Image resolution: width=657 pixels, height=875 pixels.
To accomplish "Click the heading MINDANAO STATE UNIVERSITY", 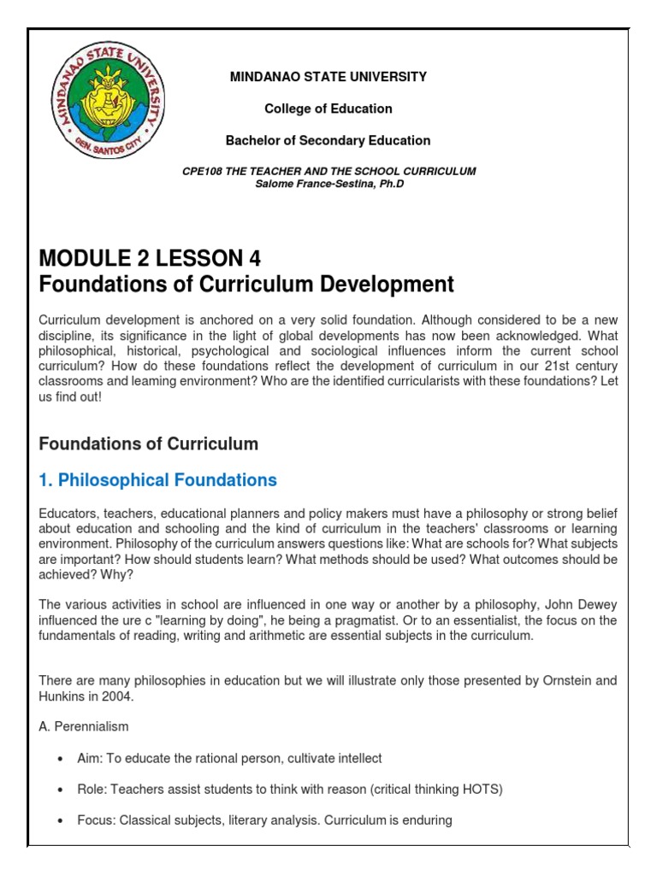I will click(x=328, y=77).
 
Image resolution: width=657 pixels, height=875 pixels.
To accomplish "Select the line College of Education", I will click(x=328, y=109).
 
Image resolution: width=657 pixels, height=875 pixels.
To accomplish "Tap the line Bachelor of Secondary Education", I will click(x=328, y=140).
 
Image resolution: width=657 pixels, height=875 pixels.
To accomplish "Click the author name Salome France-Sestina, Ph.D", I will click(x=329, y=184).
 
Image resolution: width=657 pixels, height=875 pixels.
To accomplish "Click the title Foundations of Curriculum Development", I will click(x=247, y=285).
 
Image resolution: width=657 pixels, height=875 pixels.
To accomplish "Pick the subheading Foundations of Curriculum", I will click(x=149, y=443).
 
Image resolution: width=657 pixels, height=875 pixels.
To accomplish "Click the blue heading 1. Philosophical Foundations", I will click(x=158, y=480).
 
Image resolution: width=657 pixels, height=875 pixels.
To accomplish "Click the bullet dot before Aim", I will click(x=59, y=759).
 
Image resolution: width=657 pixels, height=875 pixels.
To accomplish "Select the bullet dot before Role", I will click(x=59, y=790).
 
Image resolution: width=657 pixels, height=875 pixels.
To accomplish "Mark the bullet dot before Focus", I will click(x=59, y=820).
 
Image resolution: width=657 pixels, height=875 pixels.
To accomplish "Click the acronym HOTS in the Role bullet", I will click(x=483, y=790).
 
